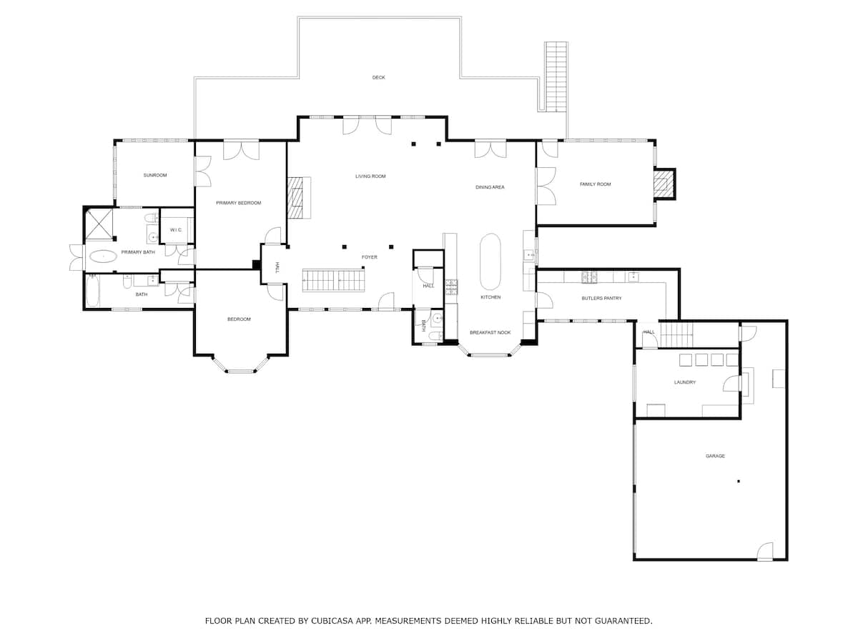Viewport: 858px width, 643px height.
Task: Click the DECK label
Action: click(378, 77)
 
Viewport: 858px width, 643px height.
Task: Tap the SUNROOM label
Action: click(154, 175)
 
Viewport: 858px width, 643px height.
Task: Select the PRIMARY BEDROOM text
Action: click(238, 203)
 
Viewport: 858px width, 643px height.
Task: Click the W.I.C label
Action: click(176, 229)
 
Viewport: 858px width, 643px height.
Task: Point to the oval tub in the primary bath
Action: click(103, 256)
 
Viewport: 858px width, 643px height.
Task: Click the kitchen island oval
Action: click(490, 261)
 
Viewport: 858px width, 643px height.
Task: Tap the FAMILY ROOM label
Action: click(595, 184)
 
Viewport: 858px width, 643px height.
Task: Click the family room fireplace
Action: click(663, 184)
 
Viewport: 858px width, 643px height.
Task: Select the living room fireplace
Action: click(296, 197)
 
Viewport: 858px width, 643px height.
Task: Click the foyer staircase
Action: click(333, 280)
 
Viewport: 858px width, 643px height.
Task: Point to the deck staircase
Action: click(556, 76)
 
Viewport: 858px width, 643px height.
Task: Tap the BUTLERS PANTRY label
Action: click(601, 298)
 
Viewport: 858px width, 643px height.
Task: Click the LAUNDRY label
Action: click(684, 382)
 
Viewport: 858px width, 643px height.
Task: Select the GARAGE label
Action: click(715, 456)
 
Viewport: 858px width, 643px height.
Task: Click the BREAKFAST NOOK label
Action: click(490, 332)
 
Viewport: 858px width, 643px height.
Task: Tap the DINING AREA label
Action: click(490, 187)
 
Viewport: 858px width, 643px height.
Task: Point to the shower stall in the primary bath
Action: click(99, 224)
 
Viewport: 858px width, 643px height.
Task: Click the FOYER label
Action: click(369, 257)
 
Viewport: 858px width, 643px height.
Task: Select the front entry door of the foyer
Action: click(386, 302)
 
